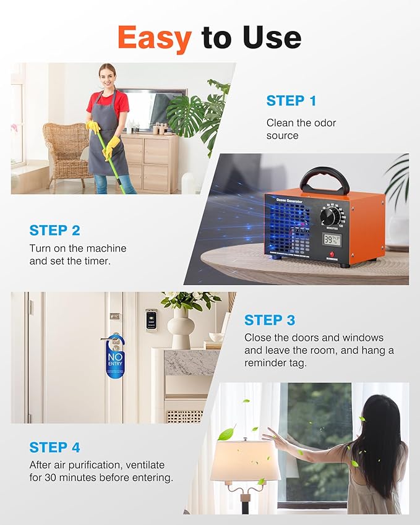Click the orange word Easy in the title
click(154, 38)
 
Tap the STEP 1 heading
click(291, 101)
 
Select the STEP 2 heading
click(54, 231)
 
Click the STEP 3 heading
click(269, 320)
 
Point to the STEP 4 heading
click(54, 447)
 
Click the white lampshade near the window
click(245, 460)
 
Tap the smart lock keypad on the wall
click(151, 320)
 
